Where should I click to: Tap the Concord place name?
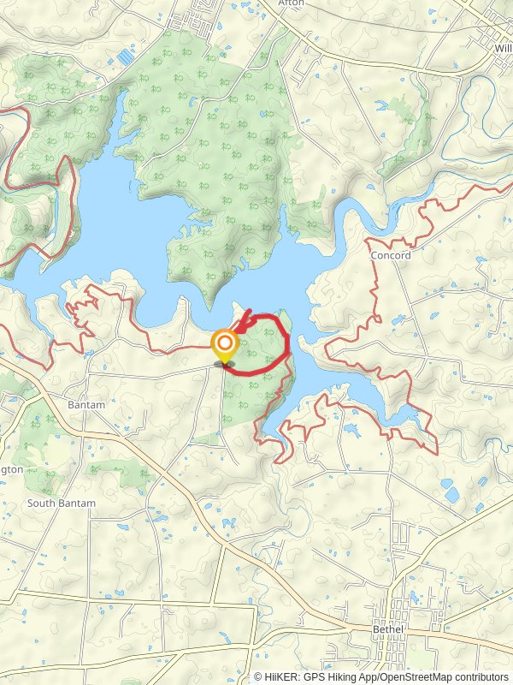point(391,255)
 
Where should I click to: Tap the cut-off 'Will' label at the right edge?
point(502,48)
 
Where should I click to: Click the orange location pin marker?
point(225,347)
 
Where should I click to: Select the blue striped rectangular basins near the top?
point(126,57)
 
